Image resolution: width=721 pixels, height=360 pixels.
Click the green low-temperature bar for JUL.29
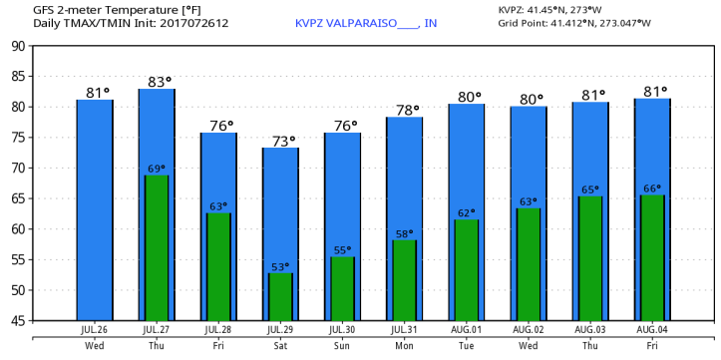point(280,296)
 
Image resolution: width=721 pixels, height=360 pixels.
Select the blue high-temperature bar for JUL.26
point(95,209)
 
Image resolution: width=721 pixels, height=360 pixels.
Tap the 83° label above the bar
point(156,81)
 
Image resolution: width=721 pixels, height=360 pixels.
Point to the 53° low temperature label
point(280,266)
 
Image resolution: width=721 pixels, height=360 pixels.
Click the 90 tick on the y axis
point(19,46)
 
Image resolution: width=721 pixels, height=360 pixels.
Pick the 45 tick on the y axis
point(19,320)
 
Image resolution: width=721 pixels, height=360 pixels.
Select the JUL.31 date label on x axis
point(404,328)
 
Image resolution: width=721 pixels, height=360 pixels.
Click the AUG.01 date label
point(466,328)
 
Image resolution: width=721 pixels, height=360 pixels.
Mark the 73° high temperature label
point(280,141)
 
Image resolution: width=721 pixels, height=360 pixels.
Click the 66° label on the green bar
point(651,188)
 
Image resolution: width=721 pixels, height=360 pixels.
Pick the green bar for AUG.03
point(590,257)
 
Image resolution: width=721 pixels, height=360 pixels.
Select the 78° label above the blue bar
point(404,111)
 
